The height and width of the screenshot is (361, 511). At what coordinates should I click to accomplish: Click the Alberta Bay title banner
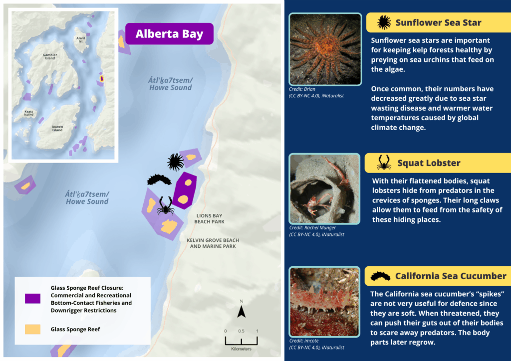click(x=169, y=34)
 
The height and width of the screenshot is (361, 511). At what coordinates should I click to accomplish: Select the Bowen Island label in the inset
click(x=57, y=128)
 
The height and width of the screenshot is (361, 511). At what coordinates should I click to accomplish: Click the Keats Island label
click(x=29, y=114)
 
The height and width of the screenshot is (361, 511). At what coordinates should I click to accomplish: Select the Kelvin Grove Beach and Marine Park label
click(x=212, y=243)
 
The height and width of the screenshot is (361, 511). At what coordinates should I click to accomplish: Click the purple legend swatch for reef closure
click(x=32, y=299)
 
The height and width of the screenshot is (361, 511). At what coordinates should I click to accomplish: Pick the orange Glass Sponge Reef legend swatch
click(x=32, y=329)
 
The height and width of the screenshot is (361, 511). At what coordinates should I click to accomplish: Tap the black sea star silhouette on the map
click(x=175, y=162)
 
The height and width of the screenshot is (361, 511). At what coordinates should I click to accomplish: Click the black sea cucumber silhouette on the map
click(x=159, y=180)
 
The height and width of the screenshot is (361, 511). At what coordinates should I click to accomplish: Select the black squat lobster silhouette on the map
click(x=165, y=205)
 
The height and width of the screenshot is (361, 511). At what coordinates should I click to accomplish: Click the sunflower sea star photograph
click(x=325, y=49)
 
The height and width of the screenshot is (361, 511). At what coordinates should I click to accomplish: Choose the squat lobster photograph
click(x=325, y=188)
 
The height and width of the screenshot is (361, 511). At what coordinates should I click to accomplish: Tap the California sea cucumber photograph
click(x=325, y=301)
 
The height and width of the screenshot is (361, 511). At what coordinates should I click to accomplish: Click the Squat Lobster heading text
click(x=429, y=163)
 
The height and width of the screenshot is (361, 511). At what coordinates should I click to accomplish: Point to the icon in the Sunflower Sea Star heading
click(x=384, y=22)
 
